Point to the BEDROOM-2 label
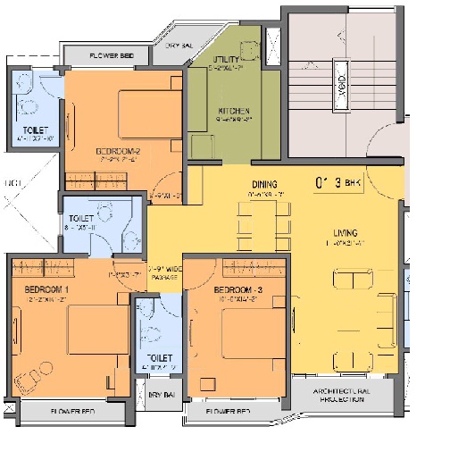[119, 151]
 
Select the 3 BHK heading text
[342, 183]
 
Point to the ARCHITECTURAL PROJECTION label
[341, 396]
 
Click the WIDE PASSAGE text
[165, 272]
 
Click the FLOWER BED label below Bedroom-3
[227, 413]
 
